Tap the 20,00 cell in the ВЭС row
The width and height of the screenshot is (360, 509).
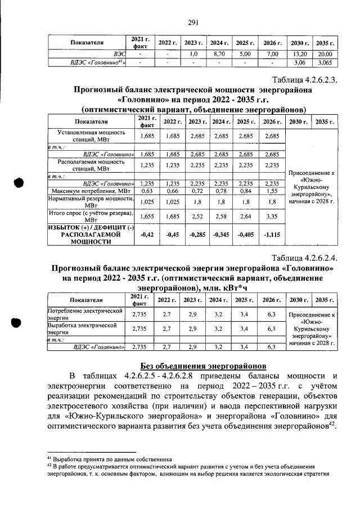coord(324,53)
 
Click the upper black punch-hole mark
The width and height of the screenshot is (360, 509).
coord(20,183)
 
